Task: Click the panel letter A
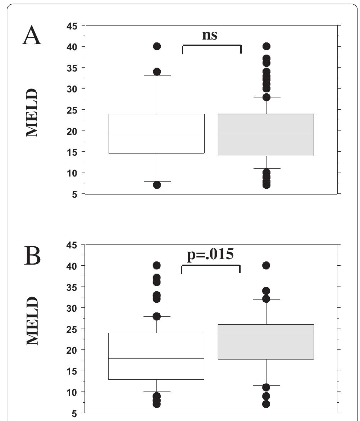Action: (32, 36)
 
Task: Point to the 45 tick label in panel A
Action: (72, 26)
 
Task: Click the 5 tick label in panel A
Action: (74, 195)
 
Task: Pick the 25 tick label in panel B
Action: (72, 329)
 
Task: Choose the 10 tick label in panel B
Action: (72, 393)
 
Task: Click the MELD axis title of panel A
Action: (32, 113)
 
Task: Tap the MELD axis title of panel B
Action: (32, 321)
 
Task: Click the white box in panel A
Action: (157, 134)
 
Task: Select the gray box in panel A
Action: (266, 135)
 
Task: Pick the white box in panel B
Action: (156, 356)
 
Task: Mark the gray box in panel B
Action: (266, 342)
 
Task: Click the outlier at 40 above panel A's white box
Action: (157, 46)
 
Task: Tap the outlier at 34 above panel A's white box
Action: (157, 72)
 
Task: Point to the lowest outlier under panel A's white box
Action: (157, 185)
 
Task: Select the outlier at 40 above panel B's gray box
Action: (266, 266)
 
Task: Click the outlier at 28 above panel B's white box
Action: (157, 316)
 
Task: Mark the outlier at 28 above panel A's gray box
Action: (266, 97)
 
